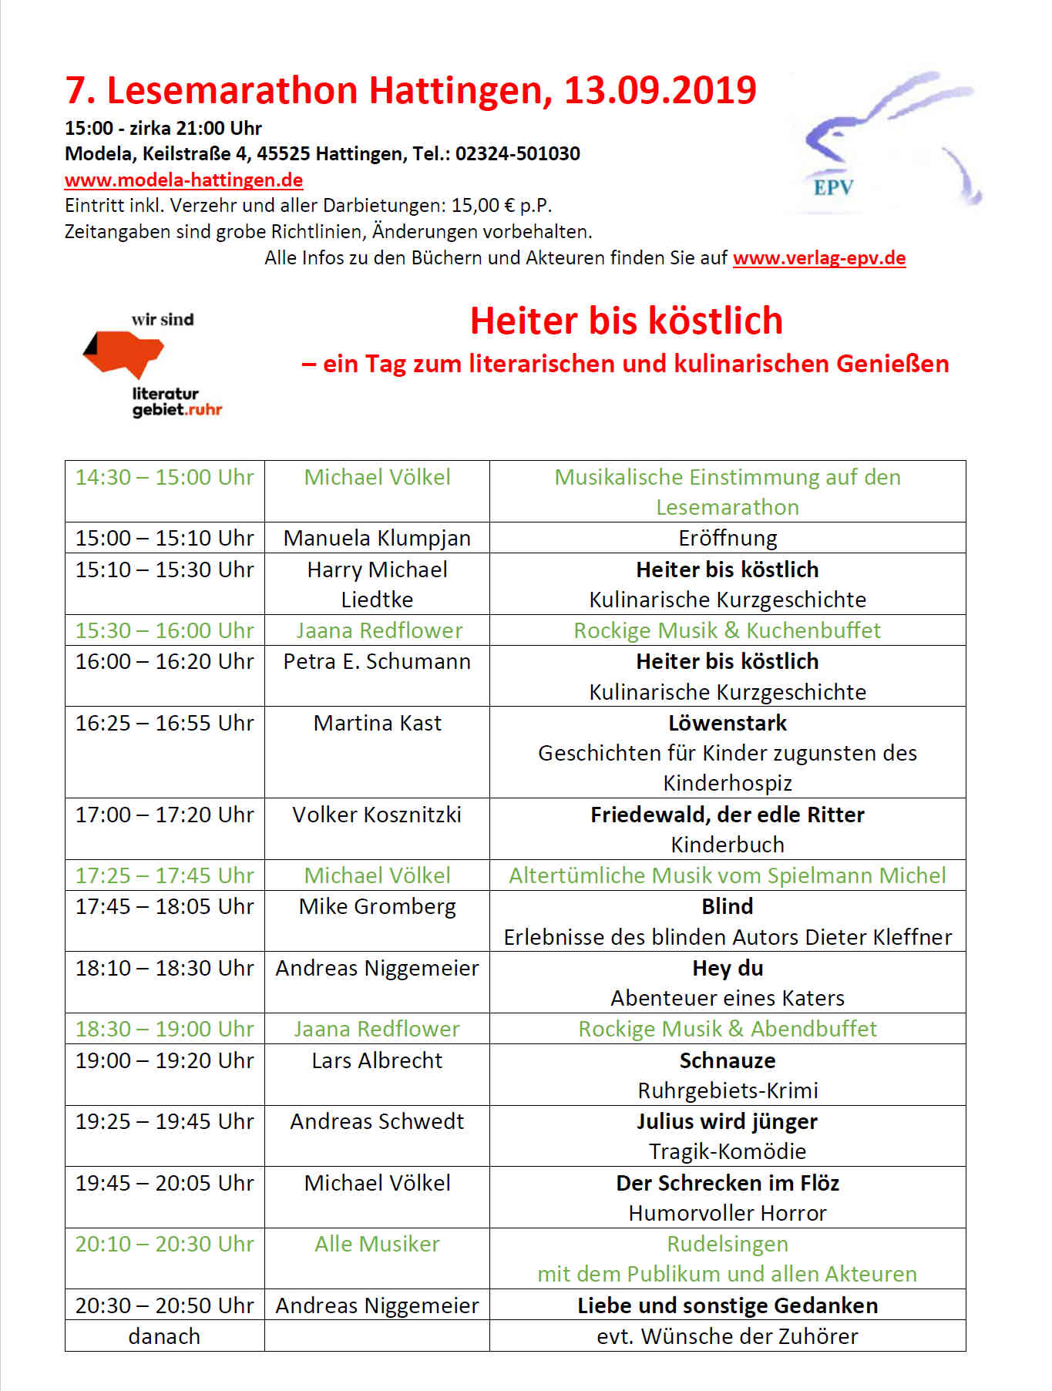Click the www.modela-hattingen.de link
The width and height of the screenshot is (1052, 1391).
pyautogui.click(x=183, y=180)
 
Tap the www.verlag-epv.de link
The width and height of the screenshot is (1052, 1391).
pyautogui.click(x=818, y=258)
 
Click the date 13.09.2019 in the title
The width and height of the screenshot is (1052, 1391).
pyautogui.click(x=660, y=91)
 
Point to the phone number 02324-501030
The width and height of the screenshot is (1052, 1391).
pyautogui.click(x=517, y=154)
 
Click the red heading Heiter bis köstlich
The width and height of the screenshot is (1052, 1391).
pyautogui.click(x=626, y=321)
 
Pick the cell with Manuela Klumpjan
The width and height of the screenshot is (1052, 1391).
pyautogui.click(x=377, y=538)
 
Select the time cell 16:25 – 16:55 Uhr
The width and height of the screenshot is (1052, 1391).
pyautogui.click(x=164, y=723)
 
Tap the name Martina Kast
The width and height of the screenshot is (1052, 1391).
pyautogui.click(x=377, y=723)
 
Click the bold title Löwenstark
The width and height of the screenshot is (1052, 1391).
pyautogui.click(x=727, y=723)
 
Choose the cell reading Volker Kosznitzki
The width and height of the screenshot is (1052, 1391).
pyautogui.click(x=377, y=815)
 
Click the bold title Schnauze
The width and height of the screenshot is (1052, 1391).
pyautogui.click(x=727, y=1060)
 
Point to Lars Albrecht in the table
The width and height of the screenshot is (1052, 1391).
pyautogui.click(x=377, y=1060)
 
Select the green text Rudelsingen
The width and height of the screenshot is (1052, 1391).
pyautogui.click(x=727, y=1244)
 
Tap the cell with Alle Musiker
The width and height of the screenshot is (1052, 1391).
pyautogui.click(x=377, y=1244)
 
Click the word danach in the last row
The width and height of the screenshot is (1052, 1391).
pyautogui.click(x=164, y=1336)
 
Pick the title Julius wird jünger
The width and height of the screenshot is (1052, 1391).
pyautogui.click(x=727, y=1121)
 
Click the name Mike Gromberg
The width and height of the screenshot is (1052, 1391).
pyautogui.click(x=377, y=906)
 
